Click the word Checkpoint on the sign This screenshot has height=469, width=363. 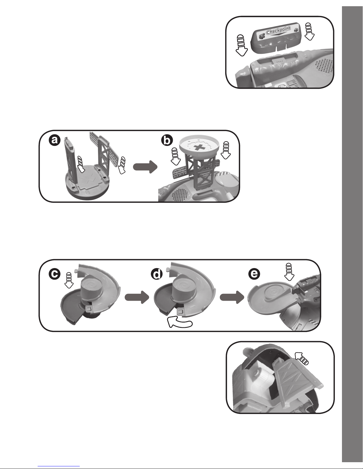(x=278, y=31)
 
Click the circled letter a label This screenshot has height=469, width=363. (x=55, y=140)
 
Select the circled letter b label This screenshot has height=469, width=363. (x=167, y=140)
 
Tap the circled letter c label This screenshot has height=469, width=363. (x=55, y=274)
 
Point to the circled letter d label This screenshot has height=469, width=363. (x=157, y=274)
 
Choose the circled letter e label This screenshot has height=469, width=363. (x=254, y=274)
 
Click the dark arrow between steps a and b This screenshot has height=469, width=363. (x=145, y=167)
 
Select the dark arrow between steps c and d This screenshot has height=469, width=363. (x=137, y=297)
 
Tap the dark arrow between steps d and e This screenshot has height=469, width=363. (x=232, y=297)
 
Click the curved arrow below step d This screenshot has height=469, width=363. (x=180, y=323)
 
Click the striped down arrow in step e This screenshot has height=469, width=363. (x=289, y=271)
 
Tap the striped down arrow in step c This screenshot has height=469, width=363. (x=69, y=280)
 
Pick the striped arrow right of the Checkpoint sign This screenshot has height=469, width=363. (x=309, y=31)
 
